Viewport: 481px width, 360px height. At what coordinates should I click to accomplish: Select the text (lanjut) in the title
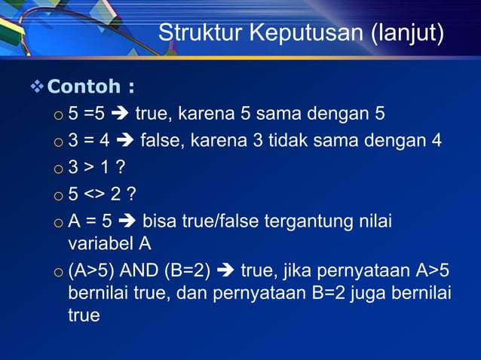click(408, 34)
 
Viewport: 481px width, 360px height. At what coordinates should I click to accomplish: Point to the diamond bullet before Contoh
click(36, 88)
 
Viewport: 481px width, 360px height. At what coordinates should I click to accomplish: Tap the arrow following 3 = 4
click(124, 140)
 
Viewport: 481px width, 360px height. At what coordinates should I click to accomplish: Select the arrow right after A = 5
click(127, 222)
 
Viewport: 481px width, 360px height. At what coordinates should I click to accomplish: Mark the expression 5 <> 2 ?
click(102, 195)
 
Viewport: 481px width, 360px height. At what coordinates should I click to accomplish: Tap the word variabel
click(100, 244)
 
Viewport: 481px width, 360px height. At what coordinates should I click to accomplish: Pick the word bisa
click(159, 222)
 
